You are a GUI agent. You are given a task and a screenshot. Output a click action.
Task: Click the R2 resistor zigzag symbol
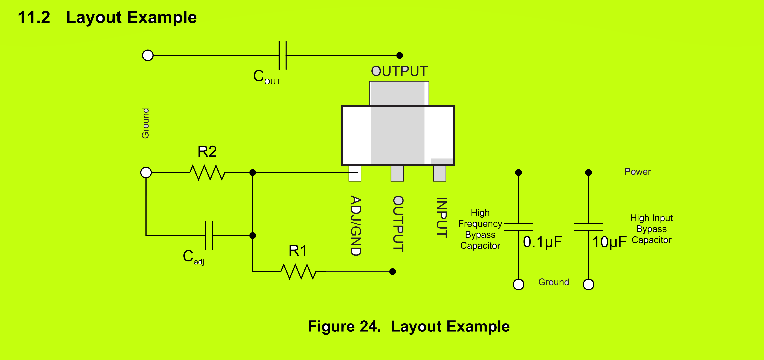(x=207, y=172)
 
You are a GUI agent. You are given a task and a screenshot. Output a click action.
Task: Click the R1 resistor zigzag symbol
(x=298, y=271)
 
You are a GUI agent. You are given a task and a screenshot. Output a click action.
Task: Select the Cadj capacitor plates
(x=209, y=235)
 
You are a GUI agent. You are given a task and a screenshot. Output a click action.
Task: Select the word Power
(x=638, y=172)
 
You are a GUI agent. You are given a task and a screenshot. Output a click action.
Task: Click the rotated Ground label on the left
(x=145, y=123)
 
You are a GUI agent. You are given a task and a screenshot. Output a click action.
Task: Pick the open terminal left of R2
(x=146, y=172)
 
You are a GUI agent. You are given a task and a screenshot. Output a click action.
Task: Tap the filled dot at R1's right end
(x=393, y=271)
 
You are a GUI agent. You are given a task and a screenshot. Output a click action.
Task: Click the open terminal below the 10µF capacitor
(x=588, y=284)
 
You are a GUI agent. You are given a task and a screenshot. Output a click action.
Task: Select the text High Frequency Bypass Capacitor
(x=480, y=229)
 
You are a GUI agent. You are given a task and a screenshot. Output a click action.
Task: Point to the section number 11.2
(x=34, y=17)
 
